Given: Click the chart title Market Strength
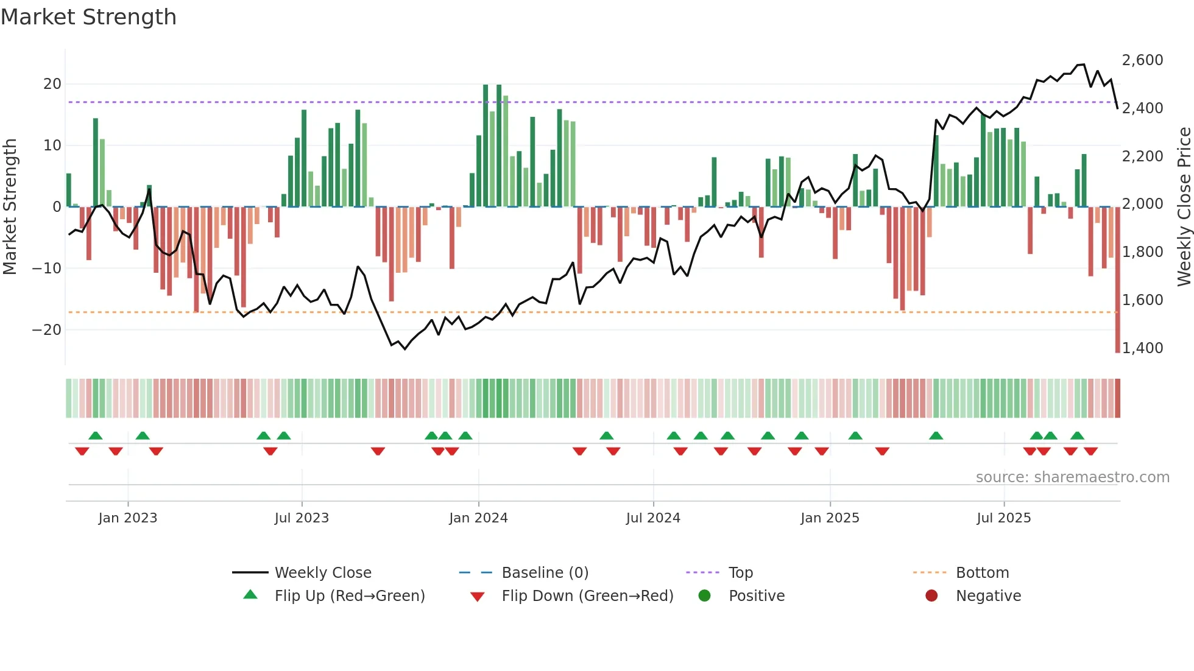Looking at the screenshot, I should [88, 17].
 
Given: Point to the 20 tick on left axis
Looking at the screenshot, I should [52, 84].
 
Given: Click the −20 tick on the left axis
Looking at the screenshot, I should [47, 330].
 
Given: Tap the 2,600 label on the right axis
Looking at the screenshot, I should [1142, 60].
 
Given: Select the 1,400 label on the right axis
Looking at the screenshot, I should [1142, 348].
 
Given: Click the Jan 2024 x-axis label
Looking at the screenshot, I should [478, 518].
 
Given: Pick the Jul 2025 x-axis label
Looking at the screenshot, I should [1003, 518].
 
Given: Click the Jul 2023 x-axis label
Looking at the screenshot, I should [302, 518].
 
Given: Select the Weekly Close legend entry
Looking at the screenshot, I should [323, 573].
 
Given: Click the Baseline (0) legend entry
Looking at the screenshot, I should [545, 573].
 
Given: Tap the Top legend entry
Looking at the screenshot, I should [741, 573].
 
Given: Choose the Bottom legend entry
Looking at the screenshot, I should [982, 573].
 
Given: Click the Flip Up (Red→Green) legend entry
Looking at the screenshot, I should [349, 596].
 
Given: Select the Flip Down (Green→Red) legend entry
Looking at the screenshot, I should [587, 596].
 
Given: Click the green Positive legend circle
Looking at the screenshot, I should [705, 596].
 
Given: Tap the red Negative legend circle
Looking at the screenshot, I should [931, 596].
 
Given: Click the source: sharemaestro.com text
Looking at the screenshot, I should [1072, 477].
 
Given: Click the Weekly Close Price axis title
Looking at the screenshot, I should [1184, 207].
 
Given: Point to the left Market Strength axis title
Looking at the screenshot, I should [10, 207].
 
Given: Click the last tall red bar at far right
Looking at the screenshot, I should [1117, 280].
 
